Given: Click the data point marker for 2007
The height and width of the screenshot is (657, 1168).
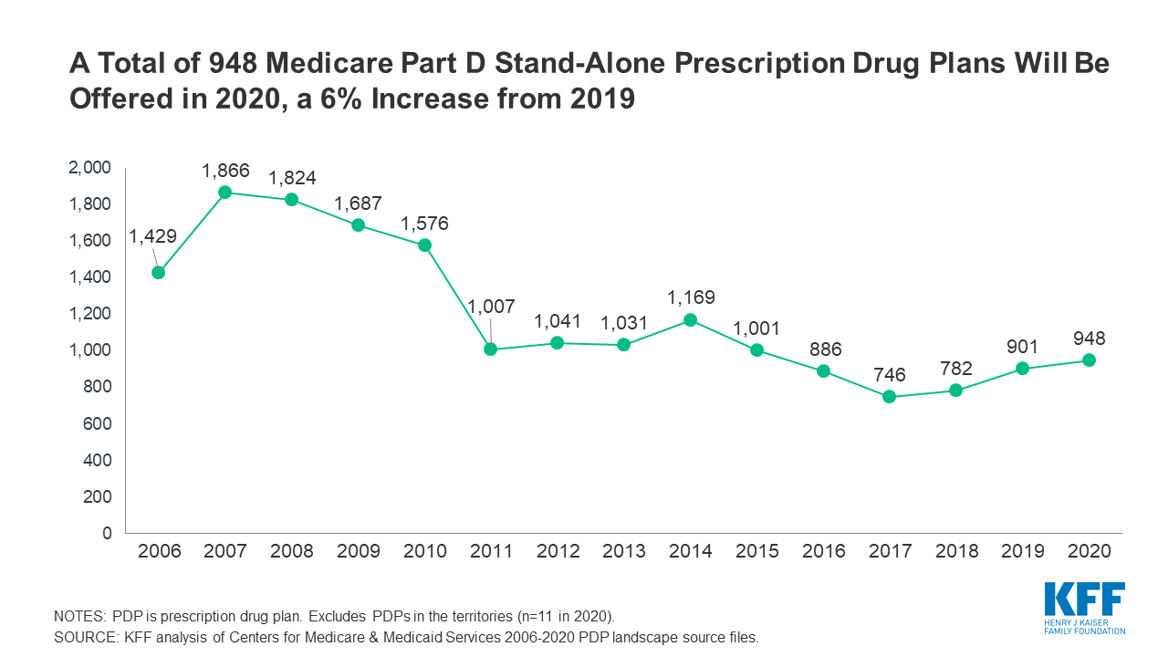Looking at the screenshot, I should click(x=224, y=193).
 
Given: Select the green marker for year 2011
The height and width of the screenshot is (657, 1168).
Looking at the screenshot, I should click(x=491, y=349).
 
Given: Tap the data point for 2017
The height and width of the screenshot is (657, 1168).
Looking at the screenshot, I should click(x=890, y=397).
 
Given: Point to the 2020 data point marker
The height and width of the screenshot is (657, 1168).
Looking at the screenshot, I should click(x=1089, y=360).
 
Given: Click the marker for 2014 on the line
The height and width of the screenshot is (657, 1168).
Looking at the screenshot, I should click(x=690, y=320).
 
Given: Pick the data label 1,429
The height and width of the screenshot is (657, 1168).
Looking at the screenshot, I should click(x=152, y=237).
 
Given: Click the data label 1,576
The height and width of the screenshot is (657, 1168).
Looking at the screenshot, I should click(x=424, y=224).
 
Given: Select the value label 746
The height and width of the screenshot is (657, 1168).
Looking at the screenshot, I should click(x=890, y=374).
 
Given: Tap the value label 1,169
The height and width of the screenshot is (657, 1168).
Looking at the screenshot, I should click(x=691, y=297).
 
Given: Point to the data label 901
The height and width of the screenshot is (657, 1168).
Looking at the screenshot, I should click(x=1023, y=346).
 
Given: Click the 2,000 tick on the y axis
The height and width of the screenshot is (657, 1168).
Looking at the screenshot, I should click(x=90, y=168).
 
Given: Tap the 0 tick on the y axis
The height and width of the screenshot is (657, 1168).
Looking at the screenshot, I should click(x=107, y=533).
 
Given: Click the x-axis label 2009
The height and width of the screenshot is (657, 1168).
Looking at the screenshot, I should click(x=359, y=551).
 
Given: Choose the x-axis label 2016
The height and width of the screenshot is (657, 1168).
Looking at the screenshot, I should click(x=824, y=551).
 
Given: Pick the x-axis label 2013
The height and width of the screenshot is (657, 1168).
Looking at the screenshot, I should click(x=624, y=551).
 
